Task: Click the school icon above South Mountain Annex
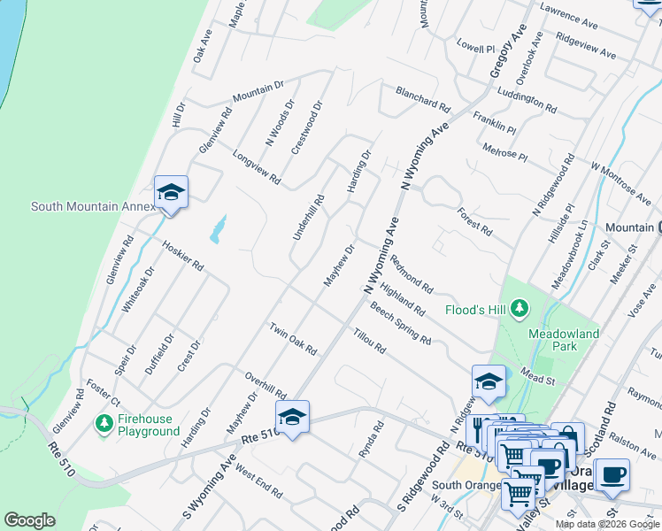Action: (171, 192)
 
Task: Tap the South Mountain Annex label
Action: (93, 206)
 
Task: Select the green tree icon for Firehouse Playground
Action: (104, 424)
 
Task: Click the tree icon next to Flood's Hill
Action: (520, 309)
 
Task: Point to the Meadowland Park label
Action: (564, 340)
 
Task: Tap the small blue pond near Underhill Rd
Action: (217, 230)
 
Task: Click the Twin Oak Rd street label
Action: (293, 339)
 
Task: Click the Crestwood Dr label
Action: (308, 127)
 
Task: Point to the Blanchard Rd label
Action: (423, 97)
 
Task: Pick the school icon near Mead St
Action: (489, 381)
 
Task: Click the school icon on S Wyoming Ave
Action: (292, 417)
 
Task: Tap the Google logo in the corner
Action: (29, 520)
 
